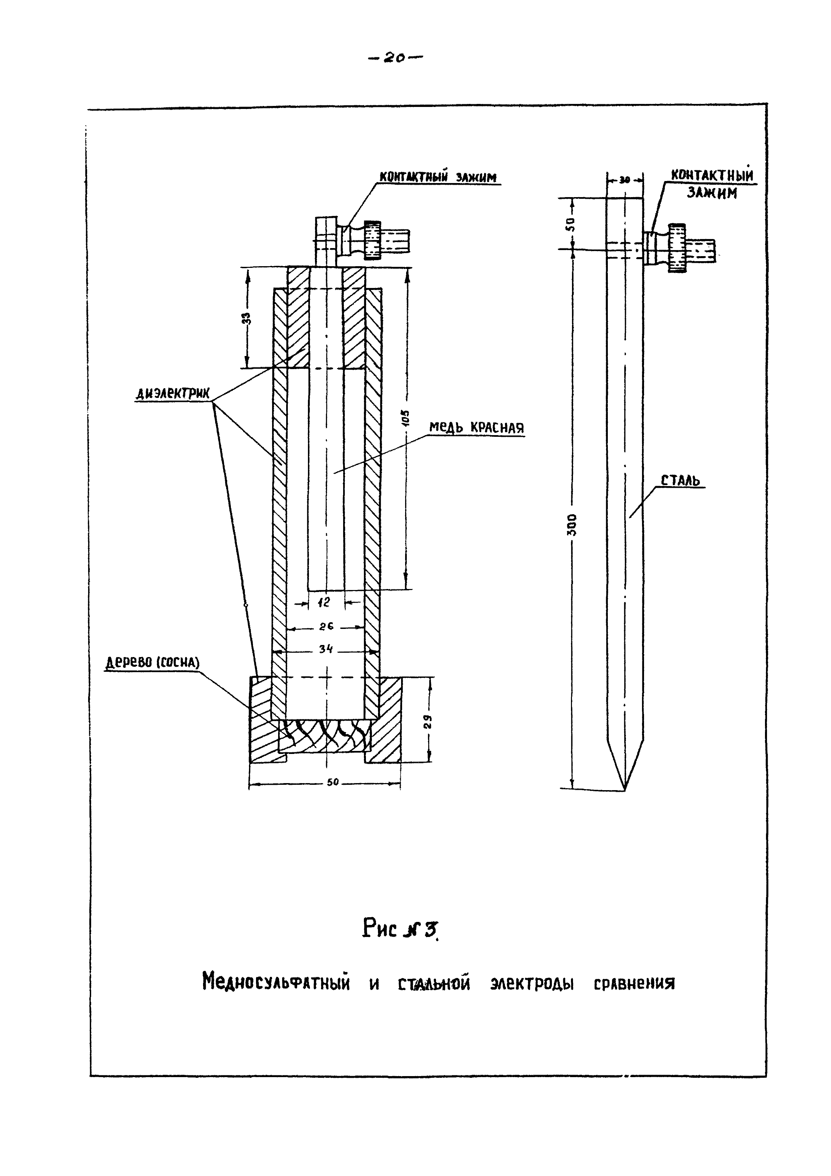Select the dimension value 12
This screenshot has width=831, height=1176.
click(x=324, y=603)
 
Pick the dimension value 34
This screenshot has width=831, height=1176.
click(x=326, y=649)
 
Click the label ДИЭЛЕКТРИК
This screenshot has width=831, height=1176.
click(x=173, y=393)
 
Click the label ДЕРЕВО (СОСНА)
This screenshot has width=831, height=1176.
click(x=152, y=663)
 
